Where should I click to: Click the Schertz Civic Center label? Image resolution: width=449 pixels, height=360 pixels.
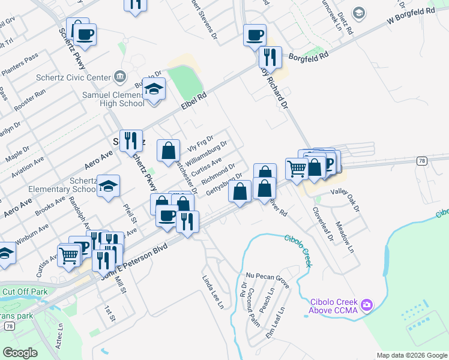pos(79,77)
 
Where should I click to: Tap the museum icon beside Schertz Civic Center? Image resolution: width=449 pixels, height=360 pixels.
pos(120,77)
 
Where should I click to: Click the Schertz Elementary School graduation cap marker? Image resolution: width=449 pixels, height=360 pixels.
pos(108,187)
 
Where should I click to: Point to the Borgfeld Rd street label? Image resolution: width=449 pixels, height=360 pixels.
pos(309,55)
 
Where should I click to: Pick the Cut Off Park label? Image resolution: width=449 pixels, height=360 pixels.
pos(25,292)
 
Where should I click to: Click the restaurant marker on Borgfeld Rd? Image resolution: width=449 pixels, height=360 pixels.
pos(270,57)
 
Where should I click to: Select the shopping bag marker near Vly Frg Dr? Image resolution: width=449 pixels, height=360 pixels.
pos(168,150)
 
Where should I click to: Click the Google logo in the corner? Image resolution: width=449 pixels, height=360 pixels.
pos(20,353)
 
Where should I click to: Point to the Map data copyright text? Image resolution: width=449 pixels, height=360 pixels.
pos(411,355)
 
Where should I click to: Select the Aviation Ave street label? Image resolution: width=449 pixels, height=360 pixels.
pos(27,165)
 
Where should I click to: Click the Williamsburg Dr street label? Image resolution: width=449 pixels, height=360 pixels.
pos(206,154)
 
